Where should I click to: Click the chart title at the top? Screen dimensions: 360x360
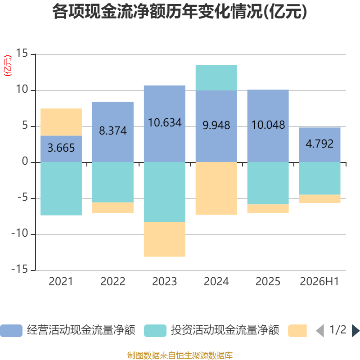point(180,12)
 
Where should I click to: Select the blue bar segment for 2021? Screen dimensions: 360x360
point(61,149)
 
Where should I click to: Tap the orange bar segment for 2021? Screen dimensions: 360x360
point(61,122)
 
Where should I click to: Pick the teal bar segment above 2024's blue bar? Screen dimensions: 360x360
point(216,77)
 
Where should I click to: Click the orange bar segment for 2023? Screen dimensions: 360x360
point(165,239)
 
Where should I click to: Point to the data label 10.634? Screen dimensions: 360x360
point(165,122)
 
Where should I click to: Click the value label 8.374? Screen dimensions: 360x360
point(113,130)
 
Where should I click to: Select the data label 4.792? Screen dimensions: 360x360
point(319,144)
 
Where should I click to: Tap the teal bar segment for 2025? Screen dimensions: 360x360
point(268,183)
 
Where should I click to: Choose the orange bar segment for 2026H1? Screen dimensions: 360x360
point(319,198)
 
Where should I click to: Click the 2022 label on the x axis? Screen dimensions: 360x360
point(113,282)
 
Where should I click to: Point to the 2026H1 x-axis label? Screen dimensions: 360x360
point(319,282)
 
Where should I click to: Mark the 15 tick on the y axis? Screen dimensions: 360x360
point(22,53)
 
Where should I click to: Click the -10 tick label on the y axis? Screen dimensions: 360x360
point(20,233)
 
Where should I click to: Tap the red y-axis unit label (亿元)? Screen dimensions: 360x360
point(8,66)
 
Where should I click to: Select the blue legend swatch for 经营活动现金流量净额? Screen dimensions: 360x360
point(11,331)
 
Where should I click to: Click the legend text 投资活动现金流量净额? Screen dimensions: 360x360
point(225,330)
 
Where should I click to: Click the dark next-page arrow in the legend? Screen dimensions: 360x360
point(355,331)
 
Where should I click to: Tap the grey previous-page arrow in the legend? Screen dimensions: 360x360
point(320,331)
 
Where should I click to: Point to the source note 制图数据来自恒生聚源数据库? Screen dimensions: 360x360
point(180,355)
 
